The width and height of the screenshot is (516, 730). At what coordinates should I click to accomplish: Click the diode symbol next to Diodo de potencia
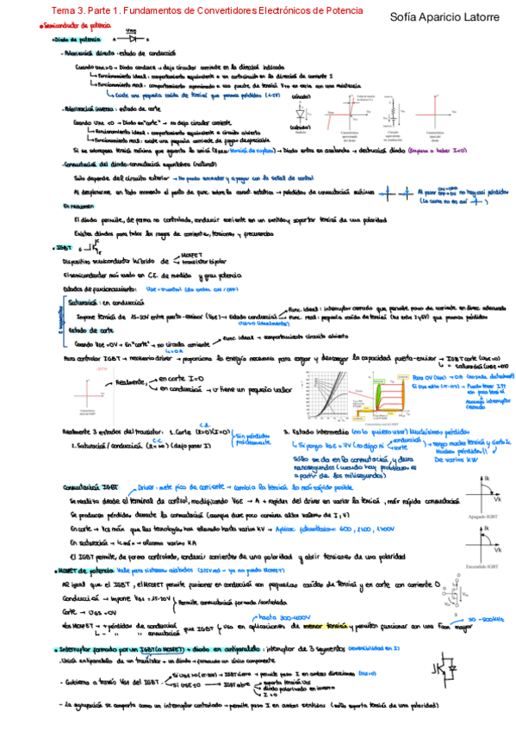[130, 39]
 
